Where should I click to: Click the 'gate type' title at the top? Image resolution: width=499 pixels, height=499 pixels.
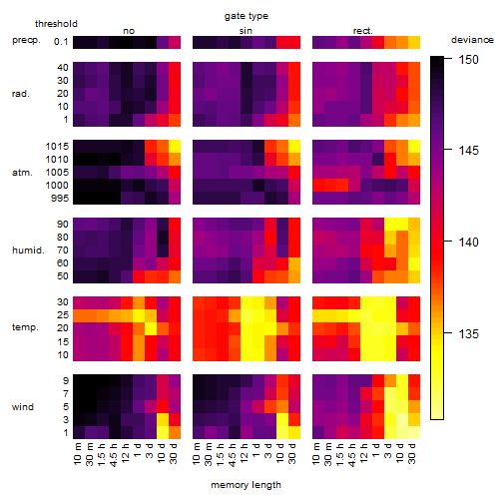(247, 16)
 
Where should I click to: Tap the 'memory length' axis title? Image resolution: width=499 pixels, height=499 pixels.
(246, 485)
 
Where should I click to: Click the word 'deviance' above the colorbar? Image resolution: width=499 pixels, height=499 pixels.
(472, 40)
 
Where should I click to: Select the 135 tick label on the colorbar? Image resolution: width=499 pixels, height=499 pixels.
(468, 333)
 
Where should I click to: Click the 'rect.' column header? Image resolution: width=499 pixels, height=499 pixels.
(363, 31)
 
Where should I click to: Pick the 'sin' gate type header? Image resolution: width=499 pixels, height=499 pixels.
(246, 31)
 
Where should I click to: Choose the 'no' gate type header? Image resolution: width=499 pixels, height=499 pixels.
(129, 31)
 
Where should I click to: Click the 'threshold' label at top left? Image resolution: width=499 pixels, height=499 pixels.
(56, 24)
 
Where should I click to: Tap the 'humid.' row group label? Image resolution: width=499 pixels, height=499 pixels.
(28, 250)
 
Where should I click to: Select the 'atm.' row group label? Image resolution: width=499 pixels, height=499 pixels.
(22, 173)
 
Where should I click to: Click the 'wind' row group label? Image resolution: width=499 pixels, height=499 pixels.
(23, 407)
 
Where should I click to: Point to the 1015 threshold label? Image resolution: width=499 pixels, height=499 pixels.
(57, 147)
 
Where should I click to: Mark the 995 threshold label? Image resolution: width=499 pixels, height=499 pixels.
(60, 199)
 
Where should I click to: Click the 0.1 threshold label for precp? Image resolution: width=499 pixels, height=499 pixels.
(61, 42)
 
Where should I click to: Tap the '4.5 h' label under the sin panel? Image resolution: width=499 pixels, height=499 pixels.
(233, 455)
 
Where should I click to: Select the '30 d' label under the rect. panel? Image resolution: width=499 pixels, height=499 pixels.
(412, 453)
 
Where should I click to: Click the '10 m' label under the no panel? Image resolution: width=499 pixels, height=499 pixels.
(77, 453)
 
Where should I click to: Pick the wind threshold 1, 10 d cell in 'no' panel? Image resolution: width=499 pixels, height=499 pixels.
(163, 432)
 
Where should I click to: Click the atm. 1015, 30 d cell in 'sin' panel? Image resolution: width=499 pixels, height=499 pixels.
(294, 147)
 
